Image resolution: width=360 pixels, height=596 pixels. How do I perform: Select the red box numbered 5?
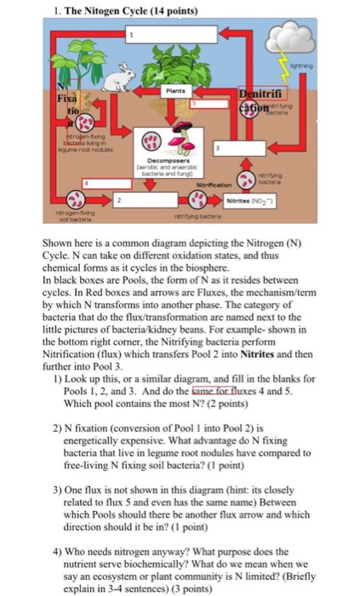point(194,103)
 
